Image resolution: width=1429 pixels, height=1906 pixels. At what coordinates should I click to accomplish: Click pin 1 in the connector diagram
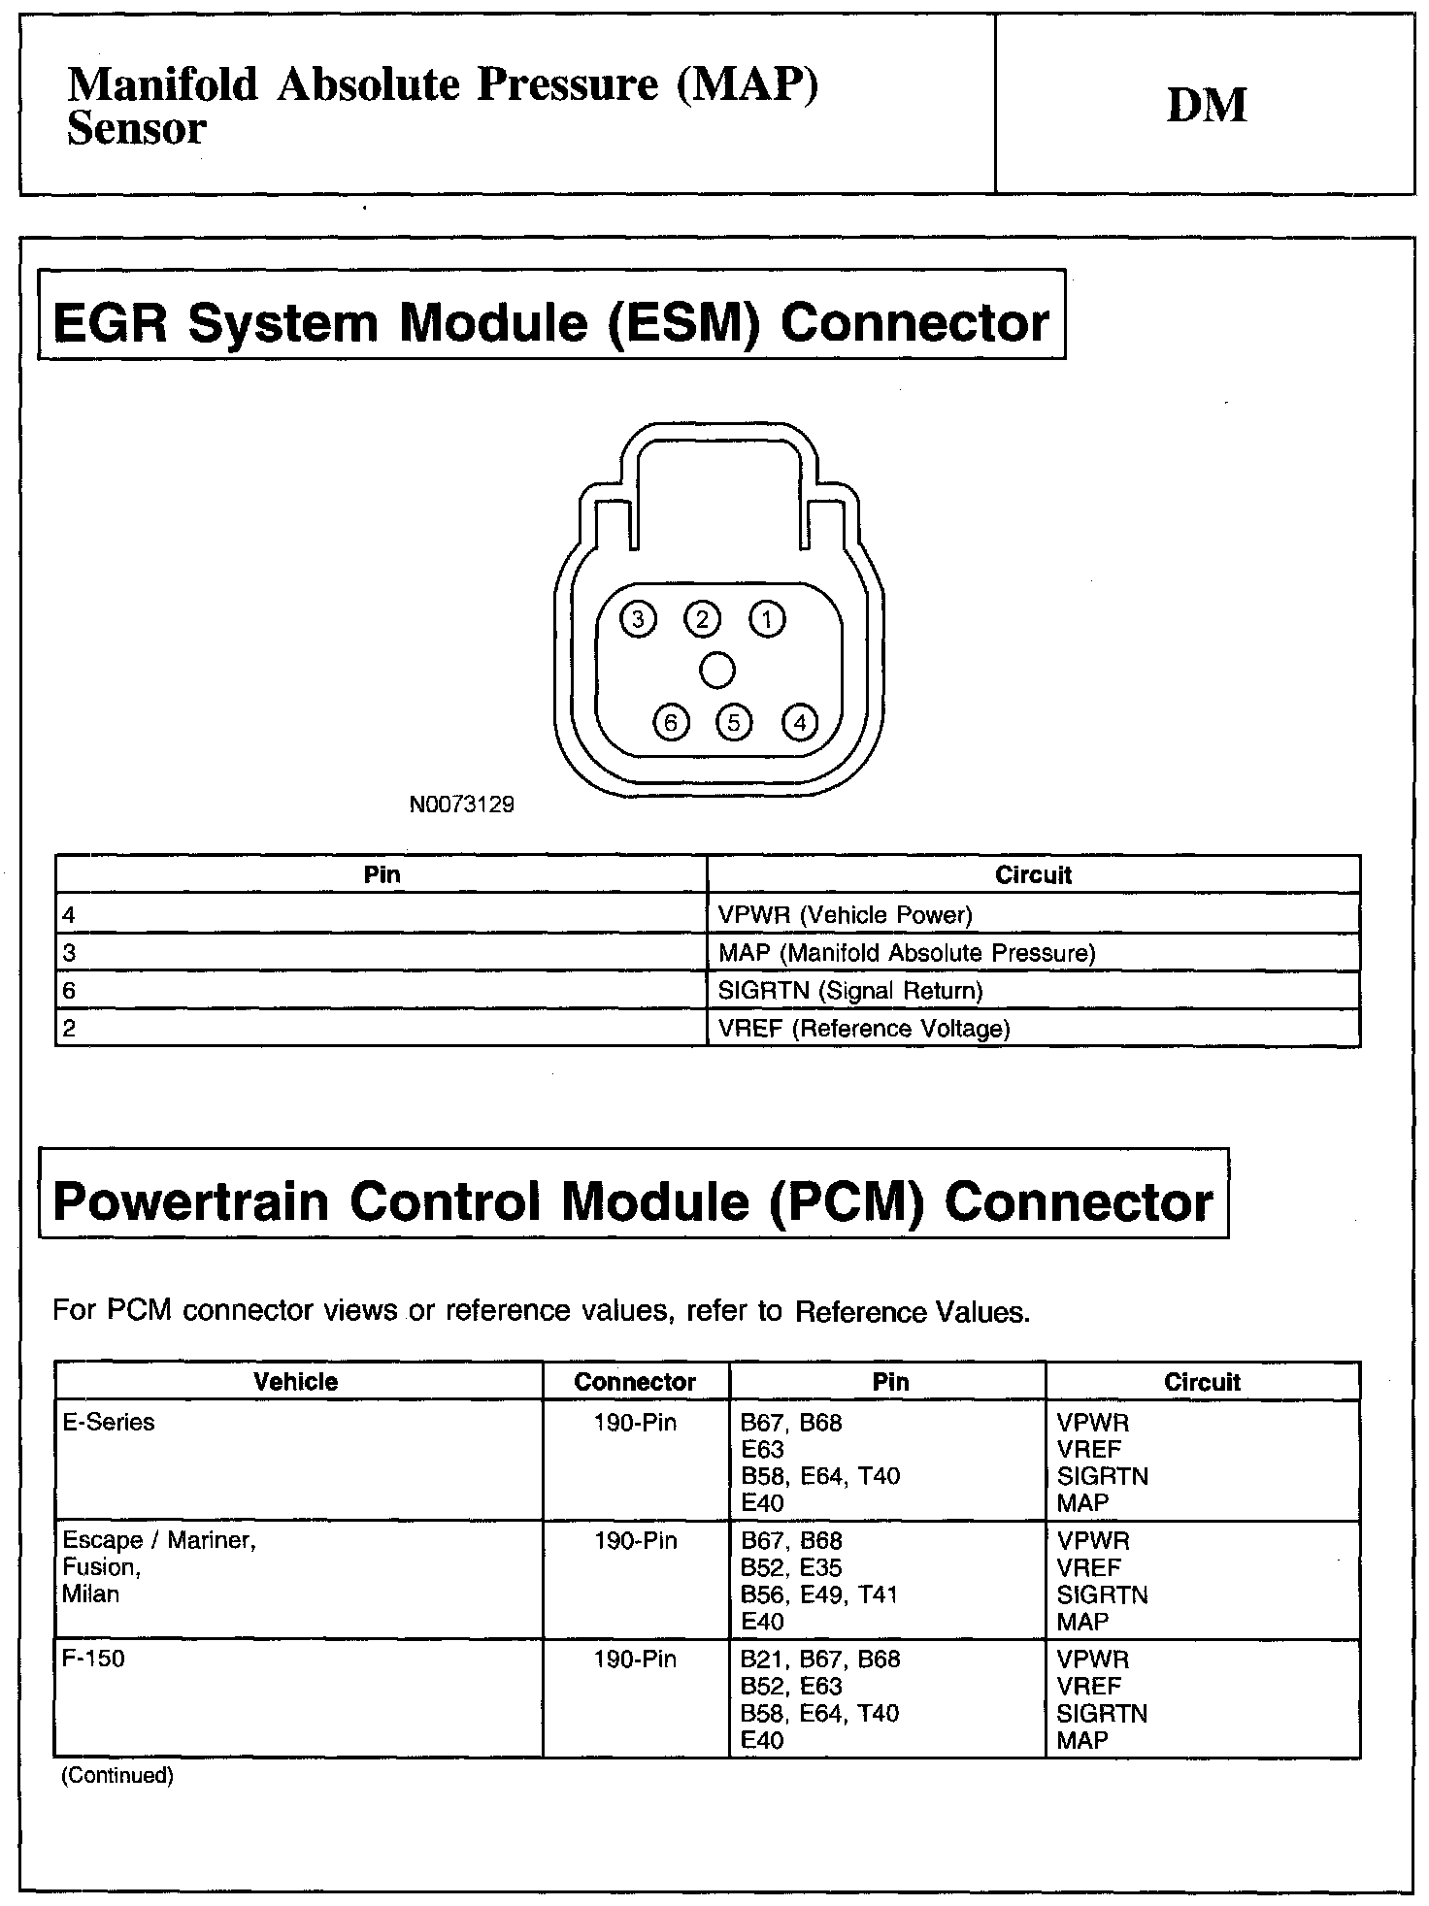(767, 619)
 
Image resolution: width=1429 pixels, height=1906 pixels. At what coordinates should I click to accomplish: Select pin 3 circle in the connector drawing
(638, 619)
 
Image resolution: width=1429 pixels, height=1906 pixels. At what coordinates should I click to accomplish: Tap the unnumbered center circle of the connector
(717, 670)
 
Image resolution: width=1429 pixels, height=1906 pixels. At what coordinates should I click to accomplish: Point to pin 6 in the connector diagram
(671, 723)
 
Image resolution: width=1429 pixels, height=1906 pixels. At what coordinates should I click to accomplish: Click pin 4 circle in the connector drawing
(800, 723)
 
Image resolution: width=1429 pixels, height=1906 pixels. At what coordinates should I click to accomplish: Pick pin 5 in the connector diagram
(734, 723)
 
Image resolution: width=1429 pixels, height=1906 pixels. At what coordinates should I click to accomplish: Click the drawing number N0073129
(462, 805)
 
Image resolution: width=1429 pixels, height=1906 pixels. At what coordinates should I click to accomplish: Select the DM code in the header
(1207, 105)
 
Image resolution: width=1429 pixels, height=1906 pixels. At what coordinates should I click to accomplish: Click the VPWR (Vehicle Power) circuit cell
(845, 914)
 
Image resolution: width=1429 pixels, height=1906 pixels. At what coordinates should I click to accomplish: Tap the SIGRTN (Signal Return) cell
(850, 991)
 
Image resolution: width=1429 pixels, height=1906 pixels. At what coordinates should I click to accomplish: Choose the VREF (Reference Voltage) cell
(864, 1029)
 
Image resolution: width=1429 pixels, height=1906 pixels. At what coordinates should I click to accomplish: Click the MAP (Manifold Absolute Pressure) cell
(907, 953)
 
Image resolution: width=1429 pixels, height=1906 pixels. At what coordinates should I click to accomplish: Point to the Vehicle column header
(296, 1382)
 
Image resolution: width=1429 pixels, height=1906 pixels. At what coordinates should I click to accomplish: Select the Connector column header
(635, 1382)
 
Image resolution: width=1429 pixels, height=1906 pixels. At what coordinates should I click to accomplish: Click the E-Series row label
(109, 1423)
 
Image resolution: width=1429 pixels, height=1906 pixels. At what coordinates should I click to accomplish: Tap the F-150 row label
(93, 1659)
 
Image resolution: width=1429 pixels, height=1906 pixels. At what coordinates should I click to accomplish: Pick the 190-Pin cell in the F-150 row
(635, 1660)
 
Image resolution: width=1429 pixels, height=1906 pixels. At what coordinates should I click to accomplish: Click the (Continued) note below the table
(117, 1776)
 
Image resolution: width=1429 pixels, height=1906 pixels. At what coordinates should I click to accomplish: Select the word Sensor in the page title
(137, 129)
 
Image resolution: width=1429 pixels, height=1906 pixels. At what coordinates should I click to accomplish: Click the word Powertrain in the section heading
(190, 1202)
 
